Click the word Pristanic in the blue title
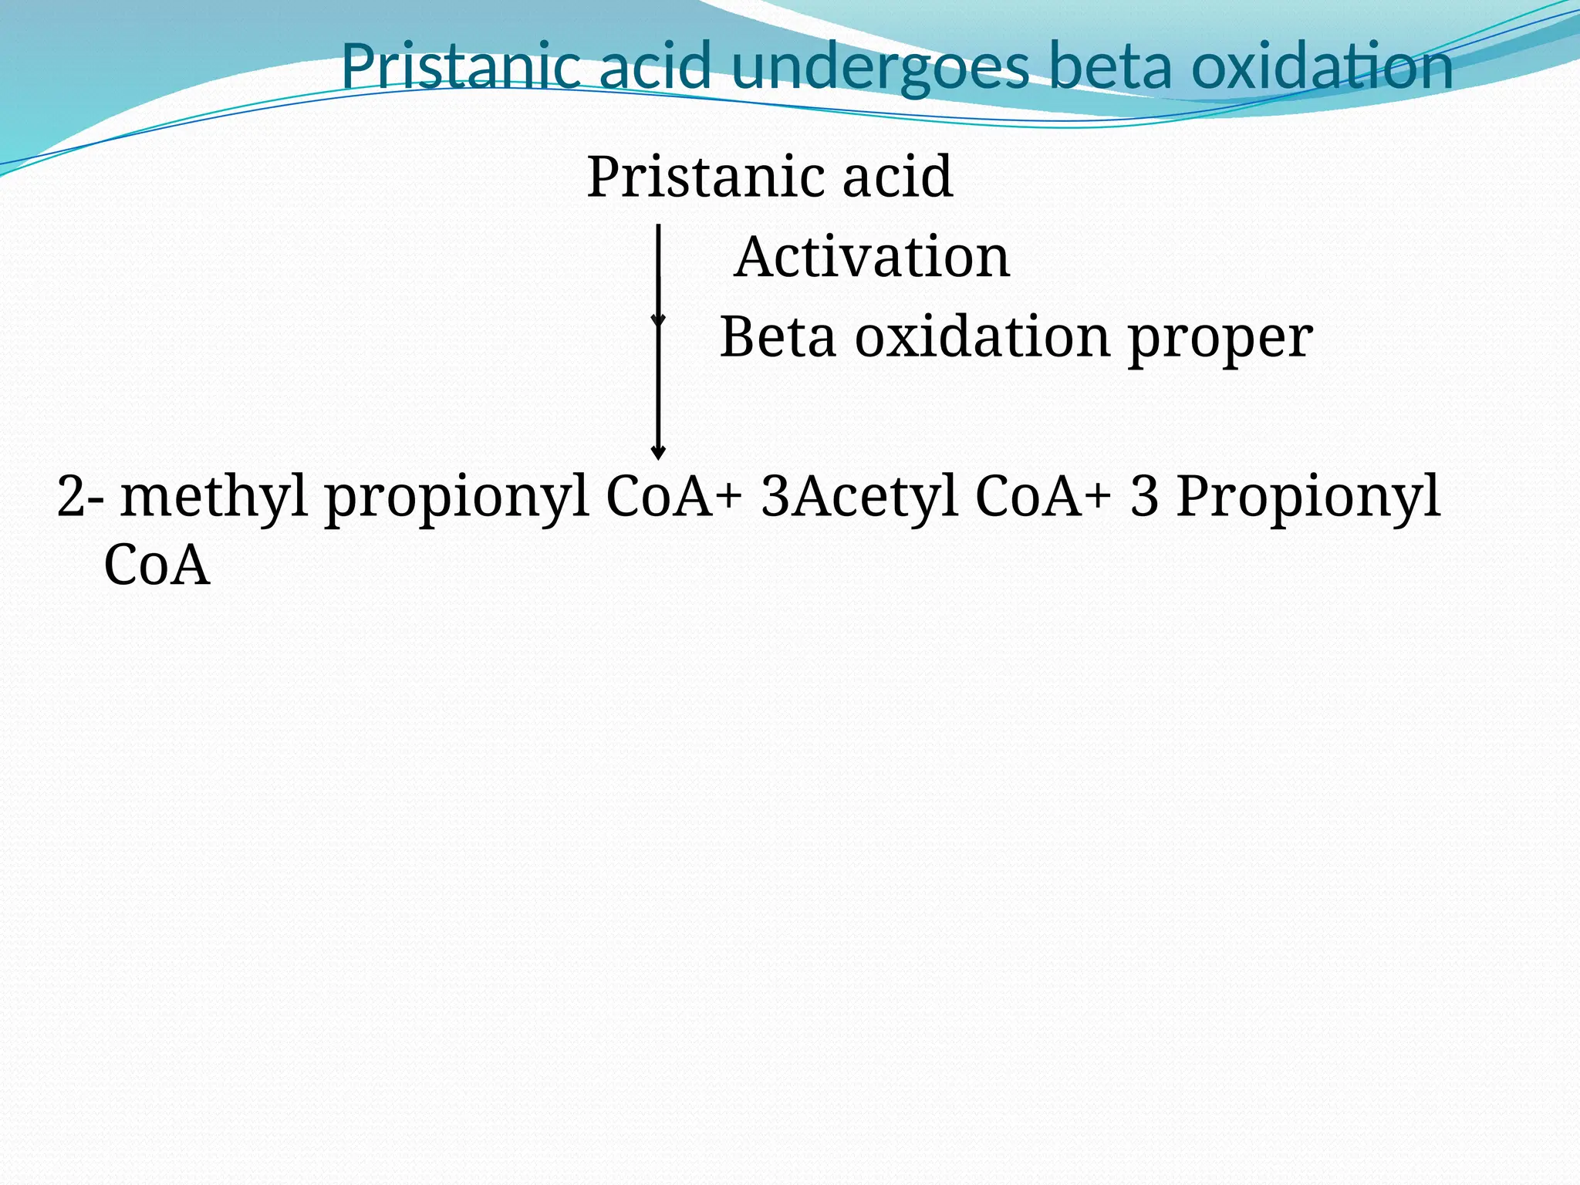coord(461,67)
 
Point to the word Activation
coord(872,257)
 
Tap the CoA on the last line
coord(157,565)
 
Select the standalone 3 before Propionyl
coord(1144,496)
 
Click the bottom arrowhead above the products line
coord(658,452)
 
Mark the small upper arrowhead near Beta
coord(658,320)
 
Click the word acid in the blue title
coord(655,67)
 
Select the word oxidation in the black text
coord(982,337)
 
